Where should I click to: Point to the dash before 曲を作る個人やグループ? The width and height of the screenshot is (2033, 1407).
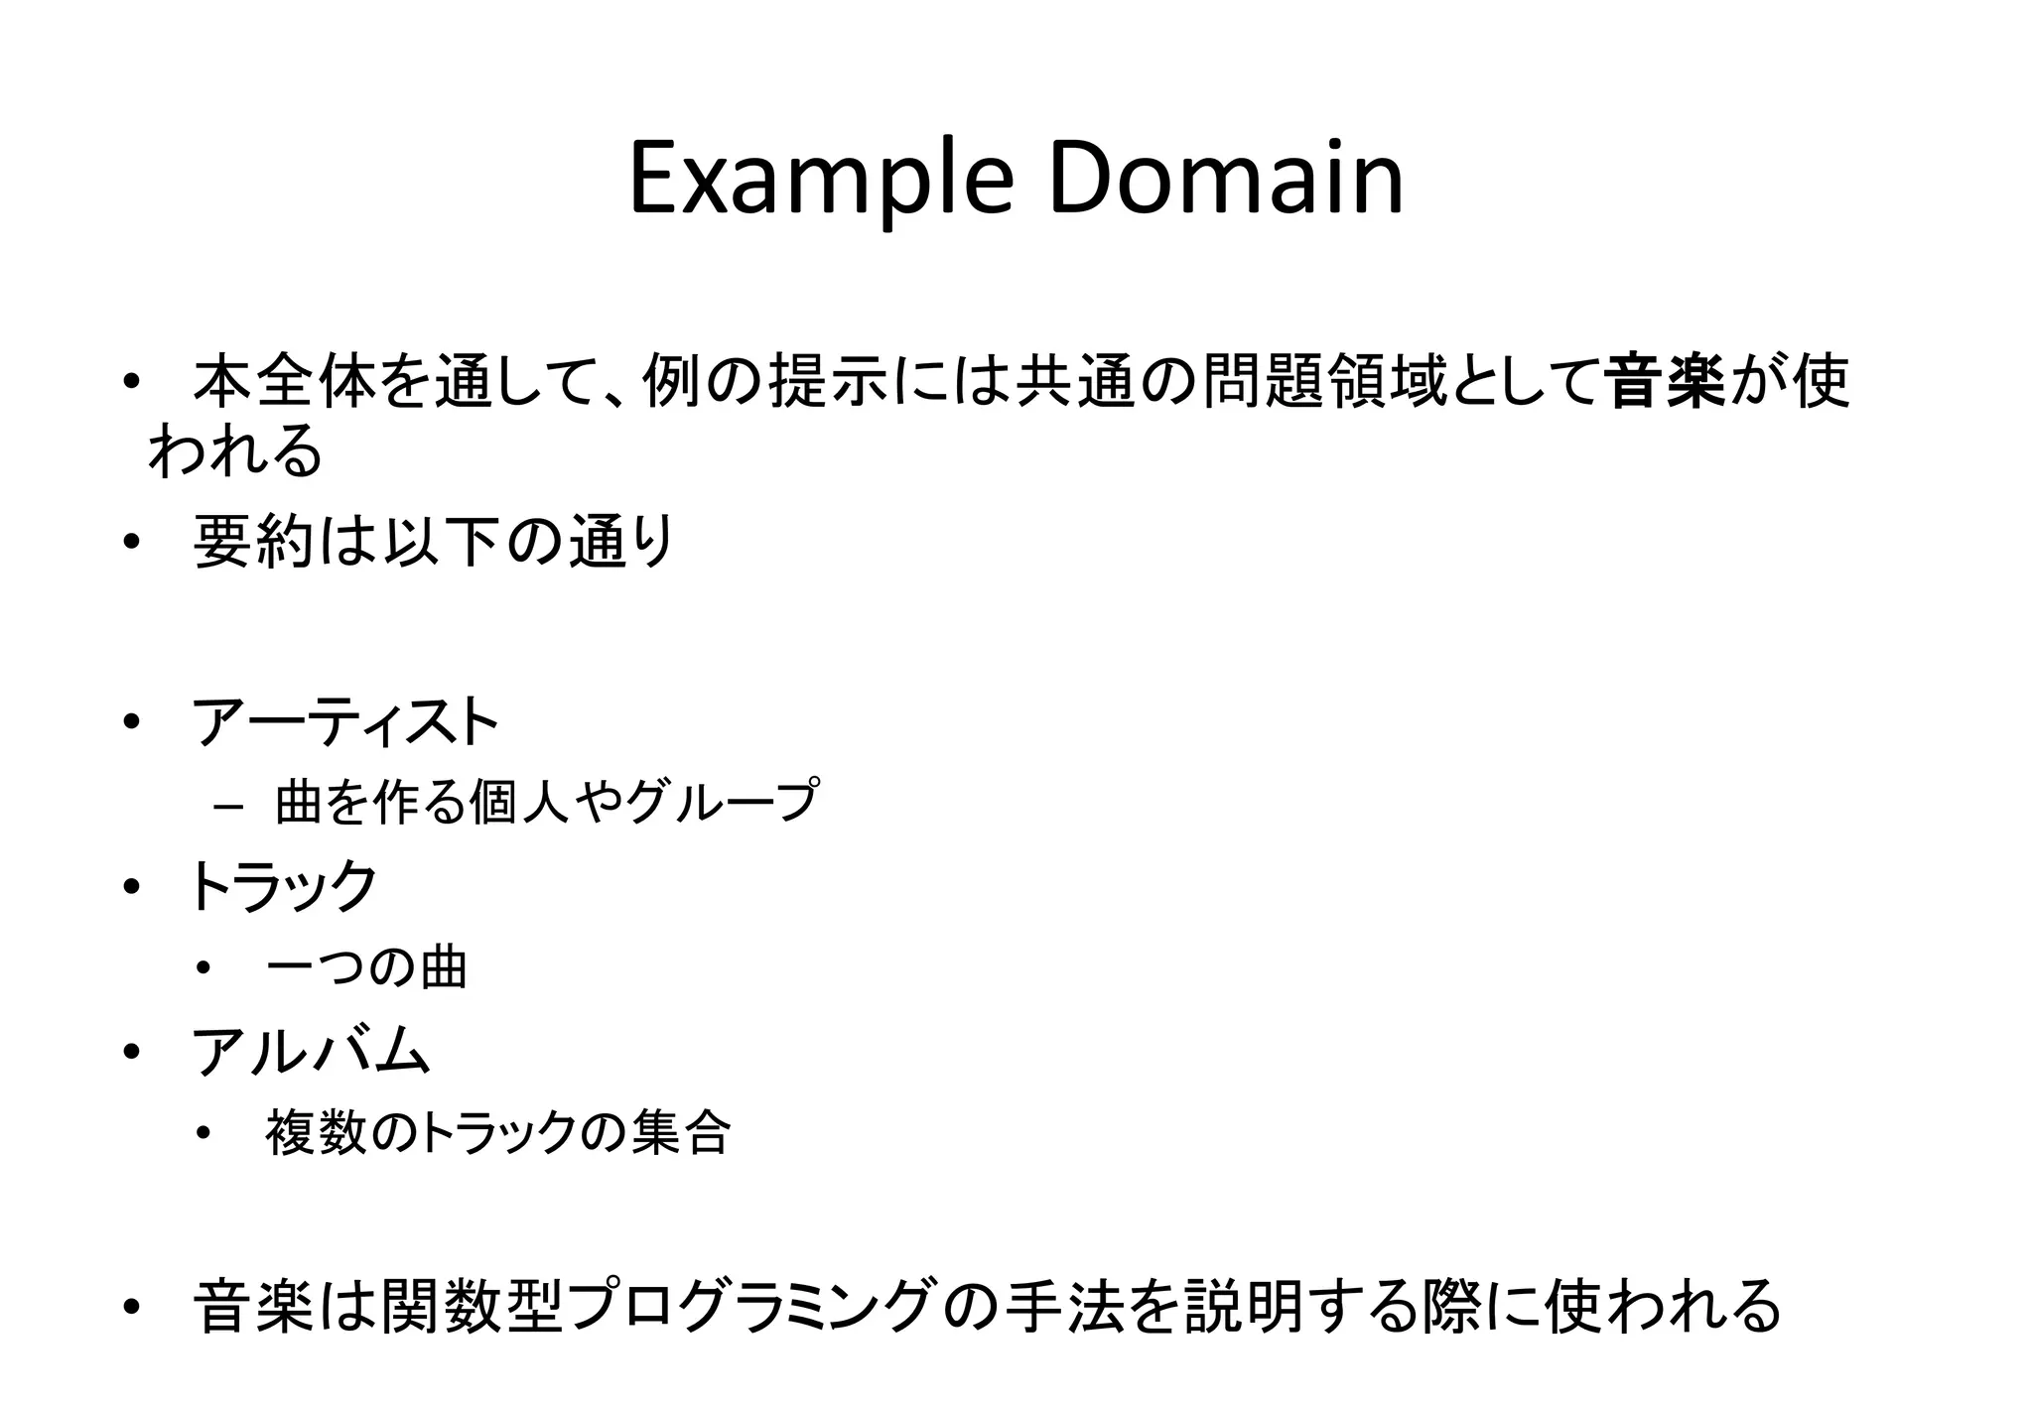[227, 807]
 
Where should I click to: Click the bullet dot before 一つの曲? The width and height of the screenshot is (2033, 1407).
[204, 969]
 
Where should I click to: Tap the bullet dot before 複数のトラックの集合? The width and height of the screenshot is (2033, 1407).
[204, 1134]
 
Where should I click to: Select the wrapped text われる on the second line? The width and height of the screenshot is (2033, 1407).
[235, 451]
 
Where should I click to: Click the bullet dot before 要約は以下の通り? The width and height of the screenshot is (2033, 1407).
[129, 544]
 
